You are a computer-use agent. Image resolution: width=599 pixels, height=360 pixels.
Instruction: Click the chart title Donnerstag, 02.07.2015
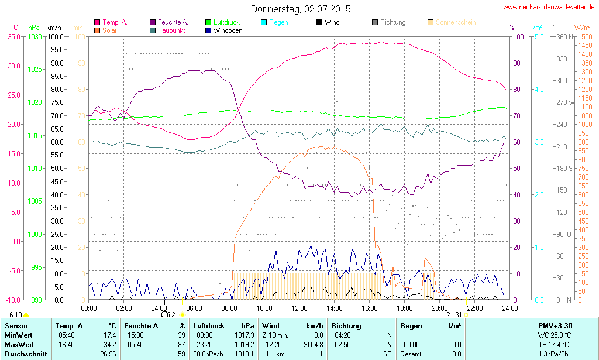(301, 9)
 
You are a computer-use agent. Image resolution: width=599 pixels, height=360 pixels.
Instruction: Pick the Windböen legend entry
(229, 30)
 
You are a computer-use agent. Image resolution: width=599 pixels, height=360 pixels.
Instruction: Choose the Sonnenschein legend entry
(455, 22)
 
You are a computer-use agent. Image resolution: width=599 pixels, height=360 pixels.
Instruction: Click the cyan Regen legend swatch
(264, 22)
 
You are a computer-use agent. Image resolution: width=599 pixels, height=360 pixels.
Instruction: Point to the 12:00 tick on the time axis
(299, 308)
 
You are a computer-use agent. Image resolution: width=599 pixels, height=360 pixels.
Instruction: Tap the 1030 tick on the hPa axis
(35, 36)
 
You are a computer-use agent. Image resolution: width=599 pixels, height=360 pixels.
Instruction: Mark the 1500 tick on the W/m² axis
(584, 36)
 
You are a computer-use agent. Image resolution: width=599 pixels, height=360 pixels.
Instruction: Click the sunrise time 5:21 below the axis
(172, 315)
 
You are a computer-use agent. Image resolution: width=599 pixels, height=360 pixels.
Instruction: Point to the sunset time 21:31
(453, 315)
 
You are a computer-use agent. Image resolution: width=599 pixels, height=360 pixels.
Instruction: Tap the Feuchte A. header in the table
(142, 326)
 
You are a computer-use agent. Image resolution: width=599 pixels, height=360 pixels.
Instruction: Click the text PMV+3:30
(555, 326)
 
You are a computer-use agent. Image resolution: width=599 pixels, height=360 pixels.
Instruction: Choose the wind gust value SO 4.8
(313, 345)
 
